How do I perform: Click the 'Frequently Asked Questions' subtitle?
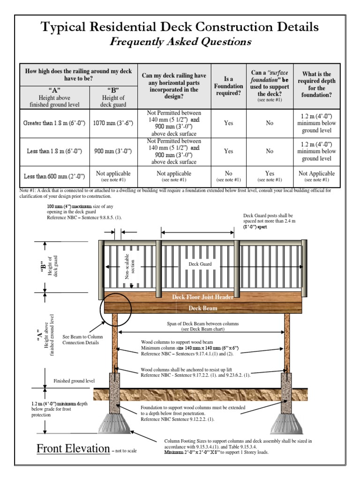click(180, 42)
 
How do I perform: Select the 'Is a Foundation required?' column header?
click(228, 86)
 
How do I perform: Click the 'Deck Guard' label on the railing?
click(200, 264)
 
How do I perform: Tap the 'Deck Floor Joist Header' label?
click(202, 297)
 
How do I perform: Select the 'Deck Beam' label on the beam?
click(202, 308)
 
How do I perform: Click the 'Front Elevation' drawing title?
click(73, 449)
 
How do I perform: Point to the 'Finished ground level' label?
click(74, 381)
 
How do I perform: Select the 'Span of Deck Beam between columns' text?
click(202, 327)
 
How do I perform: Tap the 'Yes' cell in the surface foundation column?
click(270, 176)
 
